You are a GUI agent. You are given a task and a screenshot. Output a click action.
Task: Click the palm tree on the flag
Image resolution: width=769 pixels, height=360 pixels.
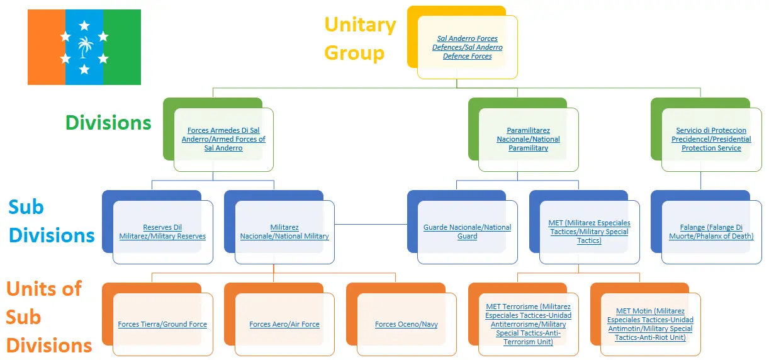84,47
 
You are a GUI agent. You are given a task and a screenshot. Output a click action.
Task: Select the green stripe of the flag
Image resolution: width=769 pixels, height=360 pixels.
122,47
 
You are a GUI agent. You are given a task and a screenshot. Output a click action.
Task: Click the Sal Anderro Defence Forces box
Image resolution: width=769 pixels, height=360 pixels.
468,47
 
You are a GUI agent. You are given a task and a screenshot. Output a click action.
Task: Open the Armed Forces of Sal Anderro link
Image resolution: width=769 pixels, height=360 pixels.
223,139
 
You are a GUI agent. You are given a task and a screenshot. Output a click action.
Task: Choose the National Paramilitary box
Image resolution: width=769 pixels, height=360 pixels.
529,139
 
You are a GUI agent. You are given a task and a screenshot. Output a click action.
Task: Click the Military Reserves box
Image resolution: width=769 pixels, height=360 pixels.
162,232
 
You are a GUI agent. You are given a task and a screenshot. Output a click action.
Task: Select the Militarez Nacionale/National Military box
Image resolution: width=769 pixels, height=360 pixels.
284,232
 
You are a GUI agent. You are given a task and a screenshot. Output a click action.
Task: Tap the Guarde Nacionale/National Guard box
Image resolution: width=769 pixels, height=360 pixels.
467,232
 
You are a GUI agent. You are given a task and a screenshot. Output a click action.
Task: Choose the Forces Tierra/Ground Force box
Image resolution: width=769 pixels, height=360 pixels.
162,324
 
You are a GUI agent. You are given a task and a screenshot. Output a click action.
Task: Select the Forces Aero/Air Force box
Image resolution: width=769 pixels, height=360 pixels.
284,324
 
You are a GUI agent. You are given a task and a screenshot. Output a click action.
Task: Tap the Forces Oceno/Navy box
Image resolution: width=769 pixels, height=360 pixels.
407,324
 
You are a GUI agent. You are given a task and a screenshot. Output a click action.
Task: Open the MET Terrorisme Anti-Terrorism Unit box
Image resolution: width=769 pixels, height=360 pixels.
529,324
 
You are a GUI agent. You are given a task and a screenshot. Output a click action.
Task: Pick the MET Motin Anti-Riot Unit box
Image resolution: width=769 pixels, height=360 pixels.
650,324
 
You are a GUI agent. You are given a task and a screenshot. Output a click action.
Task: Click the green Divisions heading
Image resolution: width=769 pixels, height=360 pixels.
108,122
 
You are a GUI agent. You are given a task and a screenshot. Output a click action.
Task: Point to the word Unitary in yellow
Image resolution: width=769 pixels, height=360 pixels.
360,25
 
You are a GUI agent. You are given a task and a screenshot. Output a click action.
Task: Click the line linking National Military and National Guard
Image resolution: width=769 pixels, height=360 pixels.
371,223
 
